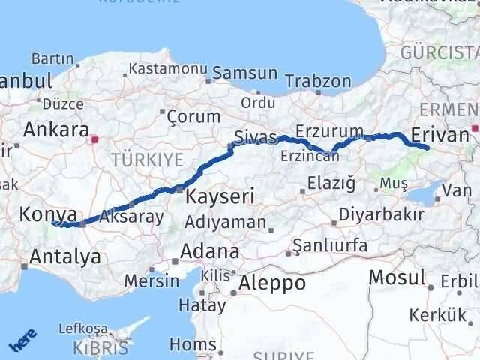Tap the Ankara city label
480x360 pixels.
pos(56,129)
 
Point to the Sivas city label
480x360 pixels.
pos(250,138)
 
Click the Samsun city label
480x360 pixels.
pos(245,73)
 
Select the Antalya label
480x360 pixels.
pos(64,257)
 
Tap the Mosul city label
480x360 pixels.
pos(397,277)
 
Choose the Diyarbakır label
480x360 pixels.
pos(382,214)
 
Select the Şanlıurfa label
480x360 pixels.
pos(330,245)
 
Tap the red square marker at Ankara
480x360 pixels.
pos(94,139)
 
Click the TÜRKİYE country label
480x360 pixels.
pos(146,159)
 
